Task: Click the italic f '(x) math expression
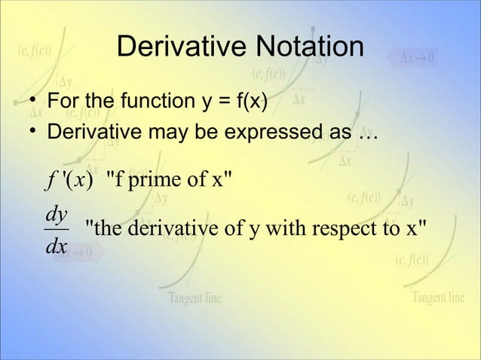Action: click(68, 182)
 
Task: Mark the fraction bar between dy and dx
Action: click(56, 228)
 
